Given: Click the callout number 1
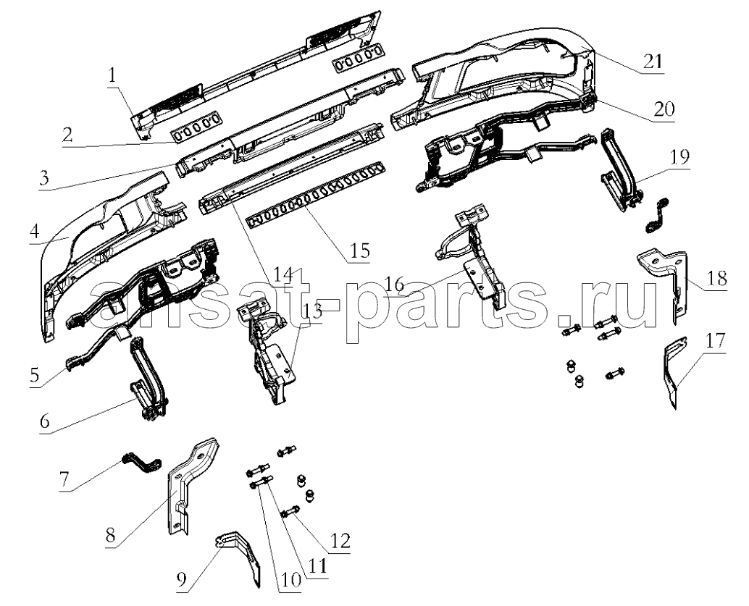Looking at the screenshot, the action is (112, 76).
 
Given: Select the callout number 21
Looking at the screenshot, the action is (653, 61).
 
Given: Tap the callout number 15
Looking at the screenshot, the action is (360, 250).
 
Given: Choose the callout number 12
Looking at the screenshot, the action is (340, 541).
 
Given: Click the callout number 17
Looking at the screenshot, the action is (715, 341).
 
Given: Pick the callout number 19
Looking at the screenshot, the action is (679, 156).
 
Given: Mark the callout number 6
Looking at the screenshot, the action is (44, 421).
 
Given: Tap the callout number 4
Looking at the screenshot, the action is (34, 232).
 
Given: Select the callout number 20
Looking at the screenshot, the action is (664, 109).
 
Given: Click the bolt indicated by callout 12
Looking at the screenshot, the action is (290, 513).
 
